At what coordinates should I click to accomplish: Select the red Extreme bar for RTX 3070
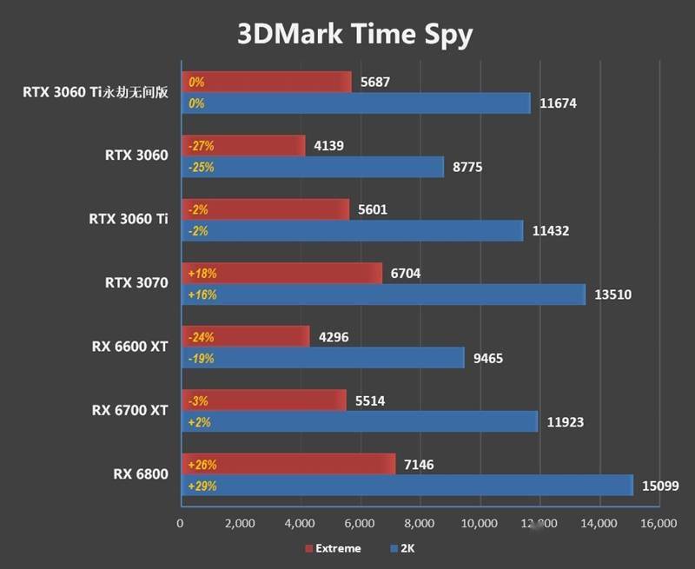(281, 273)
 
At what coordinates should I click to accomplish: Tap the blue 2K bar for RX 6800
(407, 486)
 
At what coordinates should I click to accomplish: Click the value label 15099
(661, 486)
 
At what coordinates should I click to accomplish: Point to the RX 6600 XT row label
(130, 346)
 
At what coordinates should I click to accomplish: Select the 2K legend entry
(406, 548)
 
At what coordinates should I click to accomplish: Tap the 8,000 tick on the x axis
(419, 523)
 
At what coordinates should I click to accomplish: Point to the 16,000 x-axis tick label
(658, 523)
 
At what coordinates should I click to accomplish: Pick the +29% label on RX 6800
(202, 486)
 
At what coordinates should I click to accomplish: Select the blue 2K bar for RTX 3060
(312, 168)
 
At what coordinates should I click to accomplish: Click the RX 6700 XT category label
(130, 410)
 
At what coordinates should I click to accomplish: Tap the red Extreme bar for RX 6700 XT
(263, 400)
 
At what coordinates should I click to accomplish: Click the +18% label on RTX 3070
(202, 273)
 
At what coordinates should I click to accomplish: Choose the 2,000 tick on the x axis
(239, 523)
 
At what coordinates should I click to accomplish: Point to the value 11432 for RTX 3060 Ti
(551, 231)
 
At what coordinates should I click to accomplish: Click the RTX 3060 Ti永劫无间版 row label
(96, 92)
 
